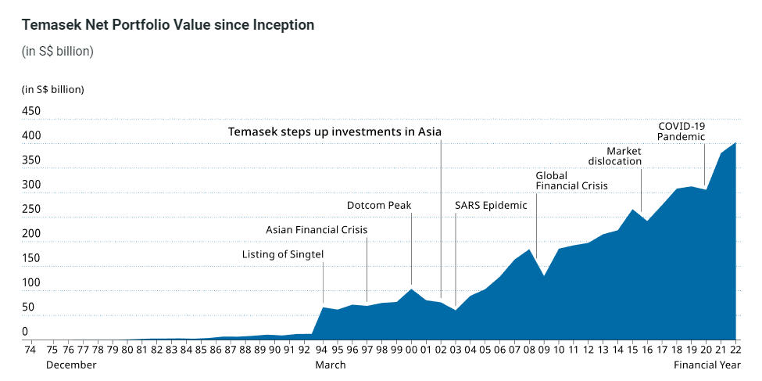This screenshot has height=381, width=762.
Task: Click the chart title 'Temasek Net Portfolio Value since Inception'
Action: (168, 25)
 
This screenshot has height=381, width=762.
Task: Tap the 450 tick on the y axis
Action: (31, 111)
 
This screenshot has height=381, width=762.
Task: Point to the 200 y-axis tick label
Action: (31, 234)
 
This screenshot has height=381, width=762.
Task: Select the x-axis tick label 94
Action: (324, 350)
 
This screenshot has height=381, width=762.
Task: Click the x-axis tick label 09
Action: (544, 350)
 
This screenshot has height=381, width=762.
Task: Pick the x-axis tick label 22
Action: (735, 350)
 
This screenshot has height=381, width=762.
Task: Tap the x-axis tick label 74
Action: (30, 350)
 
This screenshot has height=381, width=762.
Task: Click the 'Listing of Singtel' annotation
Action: (283, 254)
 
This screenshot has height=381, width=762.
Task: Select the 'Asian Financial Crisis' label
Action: (317, 230)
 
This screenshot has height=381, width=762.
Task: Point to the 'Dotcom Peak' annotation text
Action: (379, 205)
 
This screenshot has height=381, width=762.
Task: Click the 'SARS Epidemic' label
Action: (491, 205)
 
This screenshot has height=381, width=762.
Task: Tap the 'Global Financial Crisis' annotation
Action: (571, 181)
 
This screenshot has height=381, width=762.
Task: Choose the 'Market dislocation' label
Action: (615, 156)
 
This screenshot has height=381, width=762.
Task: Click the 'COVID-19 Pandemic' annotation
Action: (681, 131)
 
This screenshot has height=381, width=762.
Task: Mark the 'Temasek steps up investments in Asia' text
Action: (334, 132)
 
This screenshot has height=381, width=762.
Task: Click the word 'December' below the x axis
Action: (71, 365)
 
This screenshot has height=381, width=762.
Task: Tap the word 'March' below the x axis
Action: (331, 365)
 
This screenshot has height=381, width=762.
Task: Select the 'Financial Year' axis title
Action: (707, 365)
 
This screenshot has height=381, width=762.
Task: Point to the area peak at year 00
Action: (412, 289)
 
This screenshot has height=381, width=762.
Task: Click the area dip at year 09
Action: (544, 276)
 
